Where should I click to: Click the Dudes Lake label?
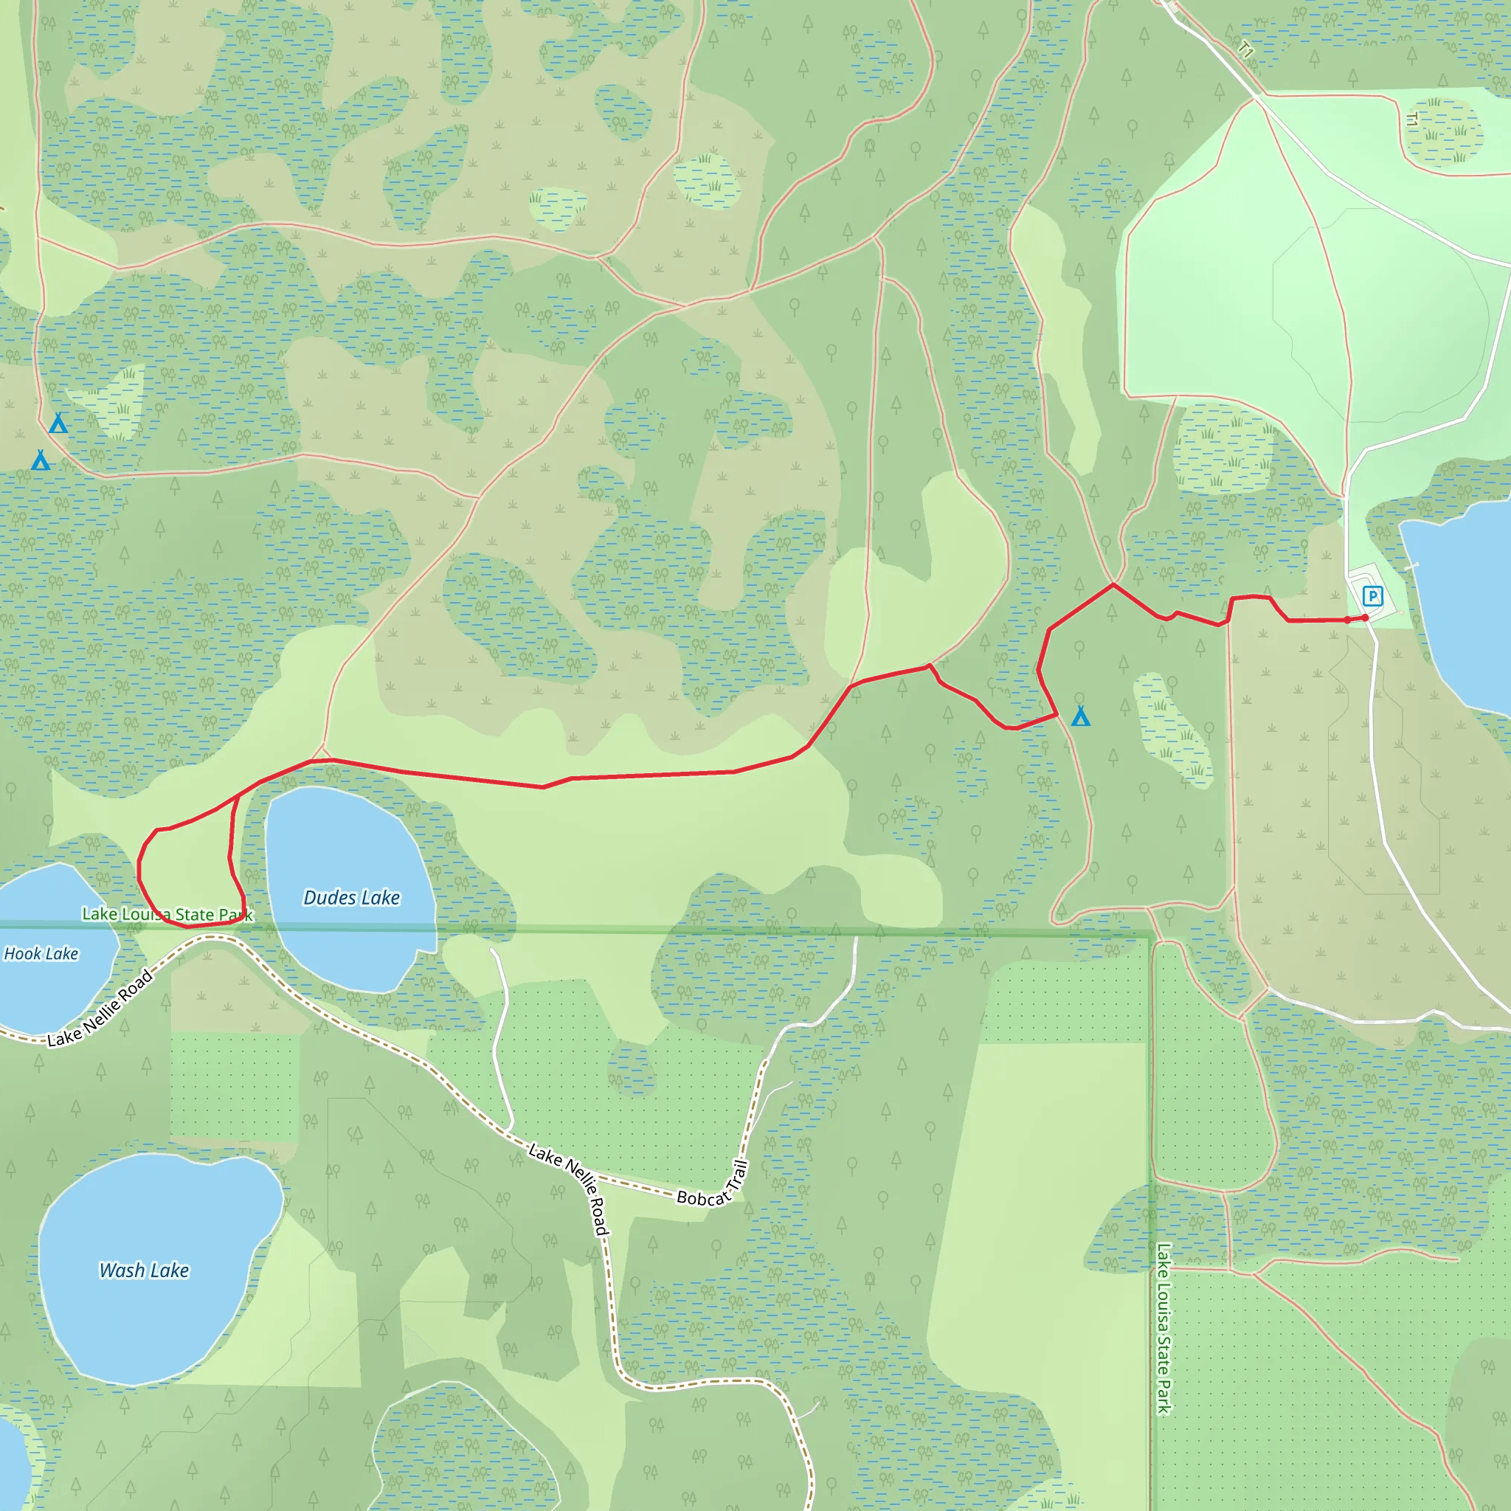point(351,897)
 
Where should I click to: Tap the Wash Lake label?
point(144,1270)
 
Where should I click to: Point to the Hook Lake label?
point(41,953)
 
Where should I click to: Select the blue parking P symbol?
point(1372,596)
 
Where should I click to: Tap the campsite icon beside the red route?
point(1080,716)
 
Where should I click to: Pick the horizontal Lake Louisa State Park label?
point(167,914)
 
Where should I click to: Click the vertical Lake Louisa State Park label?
point(1163,1329)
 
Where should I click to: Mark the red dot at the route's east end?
point(1365,618)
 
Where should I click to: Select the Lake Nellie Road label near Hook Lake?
point(100,1008)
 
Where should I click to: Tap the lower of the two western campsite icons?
point(41,460)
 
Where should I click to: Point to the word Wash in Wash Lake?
point(120,1270)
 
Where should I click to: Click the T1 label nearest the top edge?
point(1247,49)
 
